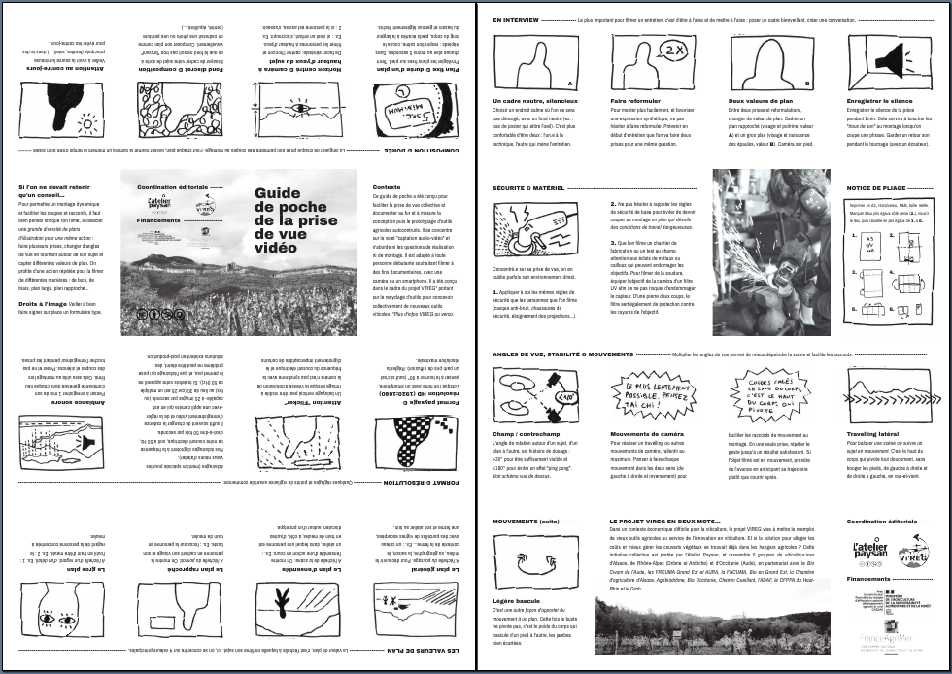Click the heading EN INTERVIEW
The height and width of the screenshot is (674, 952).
(x=515, y=19)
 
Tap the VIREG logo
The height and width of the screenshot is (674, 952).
(x=913, y=555)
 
